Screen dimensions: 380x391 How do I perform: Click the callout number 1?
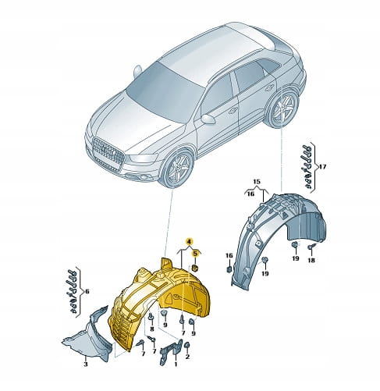176,364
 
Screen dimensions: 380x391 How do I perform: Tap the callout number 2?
187,357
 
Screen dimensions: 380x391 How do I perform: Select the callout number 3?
86,364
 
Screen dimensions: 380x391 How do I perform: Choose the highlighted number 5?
195,253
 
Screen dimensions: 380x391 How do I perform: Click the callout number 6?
87,291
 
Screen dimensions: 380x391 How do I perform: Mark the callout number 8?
152,329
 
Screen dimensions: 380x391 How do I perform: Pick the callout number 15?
257,181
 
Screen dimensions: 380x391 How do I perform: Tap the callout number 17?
322,166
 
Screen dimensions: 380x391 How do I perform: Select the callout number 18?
311,260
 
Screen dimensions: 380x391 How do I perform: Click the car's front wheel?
177,168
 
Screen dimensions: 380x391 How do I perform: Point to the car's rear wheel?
283,108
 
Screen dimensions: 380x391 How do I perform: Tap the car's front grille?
108,151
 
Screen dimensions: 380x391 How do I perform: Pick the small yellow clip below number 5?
195,267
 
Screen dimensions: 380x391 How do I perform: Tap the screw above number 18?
311,247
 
